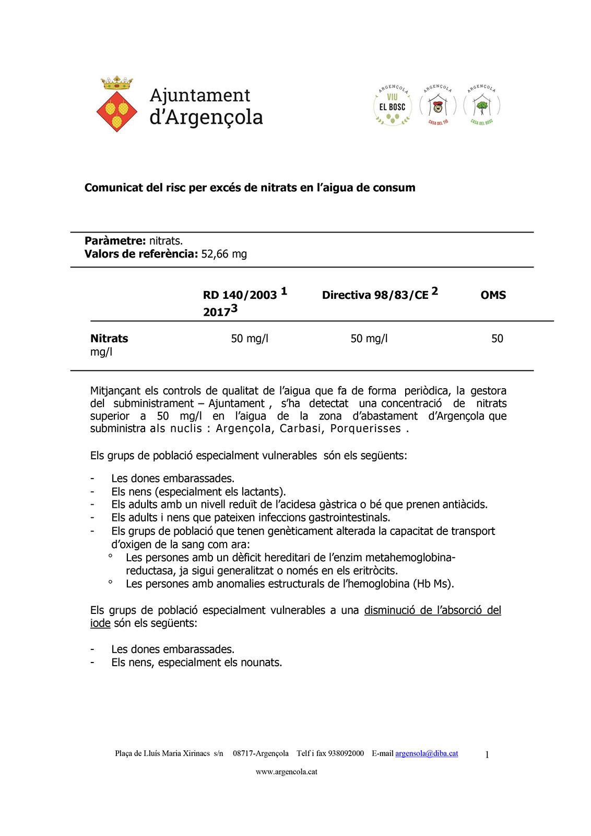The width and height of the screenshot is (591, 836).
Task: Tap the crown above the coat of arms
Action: (x=117, y=83)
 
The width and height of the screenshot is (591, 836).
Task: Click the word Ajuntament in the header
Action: (x=200, y=95)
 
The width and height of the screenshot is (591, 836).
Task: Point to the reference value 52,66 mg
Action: (x=224, y=254)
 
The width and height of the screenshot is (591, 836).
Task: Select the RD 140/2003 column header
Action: (x=240, y=295)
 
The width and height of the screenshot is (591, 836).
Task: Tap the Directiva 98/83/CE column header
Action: (x=375, y=295)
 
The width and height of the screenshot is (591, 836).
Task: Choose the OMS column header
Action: (x=493, y=295)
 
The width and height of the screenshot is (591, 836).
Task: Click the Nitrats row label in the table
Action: (x=109, y=339)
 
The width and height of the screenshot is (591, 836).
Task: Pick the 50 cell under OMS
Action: (x=497, y=339)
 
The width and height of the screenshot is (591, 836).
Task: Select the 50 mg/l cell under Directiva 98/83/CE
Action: (x=369, y=339)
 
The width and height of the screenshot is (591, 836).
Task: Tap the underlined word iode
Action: (x=100, y=623)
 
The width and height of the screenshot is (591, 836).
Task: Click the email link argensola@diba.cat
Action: (x=427, y=753)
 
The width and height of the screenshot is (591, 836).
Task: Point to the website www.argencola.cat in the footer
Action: (x=287, y=772)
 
